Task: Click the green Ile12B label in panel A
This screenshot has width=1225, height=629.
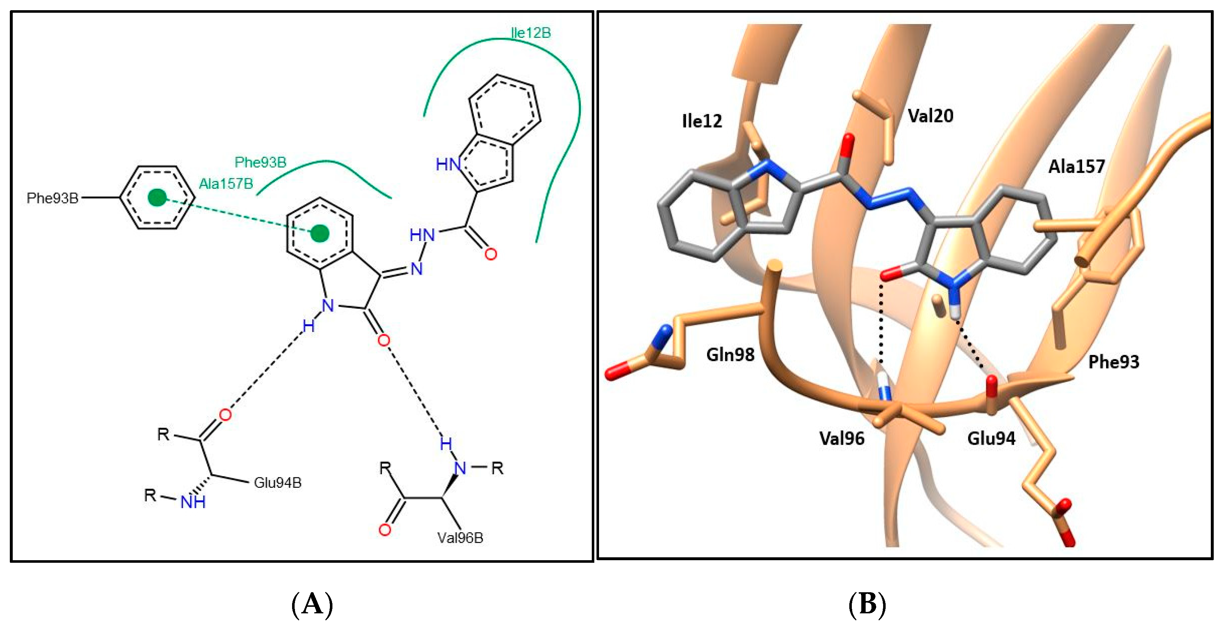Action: (531, 33)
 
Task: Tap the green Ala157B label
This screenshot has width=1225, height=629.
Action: (226, 184)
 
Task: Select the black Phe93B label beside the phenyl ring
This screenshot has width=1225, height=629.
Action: (52, 198)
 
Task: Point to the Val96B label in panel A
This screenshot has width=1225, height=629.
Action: (460, 538)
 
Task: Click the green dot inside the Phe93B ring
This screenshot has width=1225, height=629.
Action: (157, 197)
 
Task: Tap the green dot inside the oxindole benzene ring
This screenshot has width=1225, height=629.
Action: (320, 233)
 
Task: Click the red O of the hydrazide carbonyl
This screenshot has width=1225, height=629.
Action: (491, 254)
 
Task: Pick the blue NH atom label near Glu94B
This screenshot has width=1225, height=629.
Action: (193, 502)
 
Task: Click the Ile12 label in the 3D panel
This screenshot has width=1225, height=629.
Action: (702, 121)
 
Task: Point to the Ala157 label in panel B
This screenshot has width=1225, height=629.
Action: (1077, 166)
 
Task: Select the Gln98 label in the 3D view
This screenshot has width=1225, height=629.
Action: (730, 355)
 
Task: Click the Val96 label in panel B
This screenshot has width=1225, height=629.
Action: (842, 438)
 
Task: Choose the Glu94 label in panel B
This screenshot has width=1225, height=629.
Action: (991, 438)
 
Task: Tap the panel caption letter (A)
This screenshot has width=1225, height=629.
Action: (312, 604)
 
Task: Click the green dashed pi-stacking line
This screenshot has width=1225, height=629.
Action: (238, 215)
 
